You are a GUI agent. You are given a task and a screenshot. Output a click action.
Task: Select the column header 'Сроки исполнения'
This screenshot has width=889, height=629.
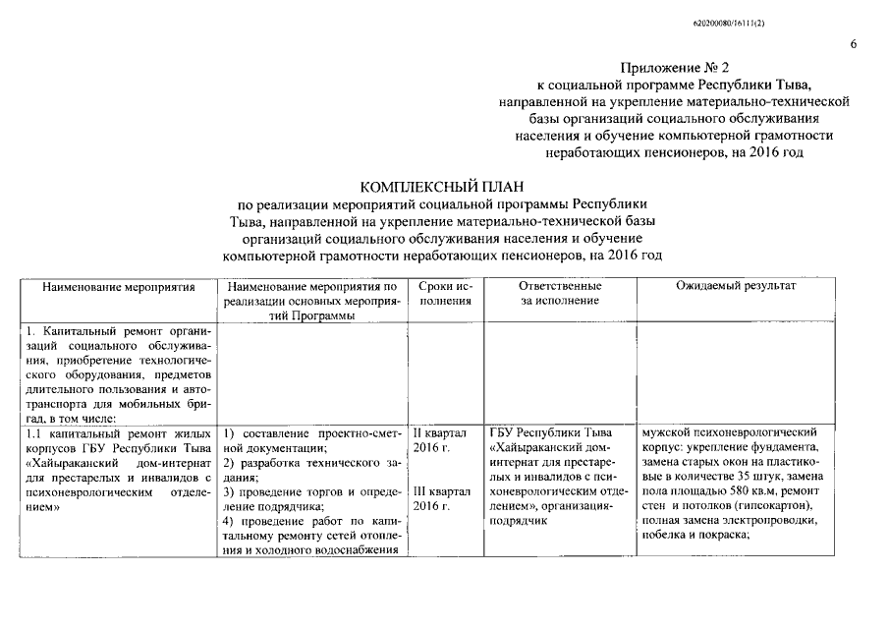click(x=445, y=293)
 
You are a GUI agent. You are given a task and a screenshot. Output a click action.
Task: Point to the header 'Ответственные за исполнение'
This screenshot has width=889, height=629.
click(x=560, y=293)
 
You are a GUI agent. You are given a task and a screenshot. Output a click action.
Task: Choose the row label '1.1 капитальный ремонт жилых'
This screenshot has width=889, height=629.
click(x=119, y=432)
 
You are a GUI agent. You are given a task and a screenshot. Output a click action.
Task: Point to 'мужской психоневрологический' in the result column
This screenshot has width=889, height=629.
click(x=729, y=432)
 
